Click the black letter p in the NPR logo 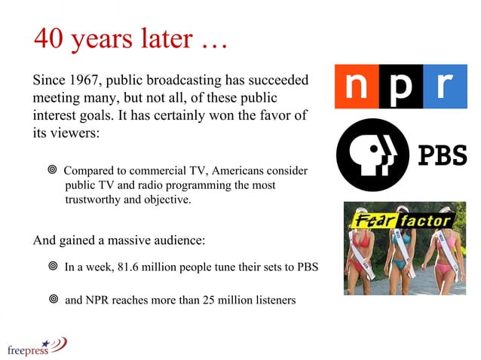[402, 86]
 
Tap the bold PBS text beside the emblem [442, 155]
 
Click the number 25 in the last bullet [212, 301]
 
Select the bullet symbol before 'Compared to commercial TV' [52, 171]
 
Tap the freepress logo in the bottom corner [36, 346]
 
